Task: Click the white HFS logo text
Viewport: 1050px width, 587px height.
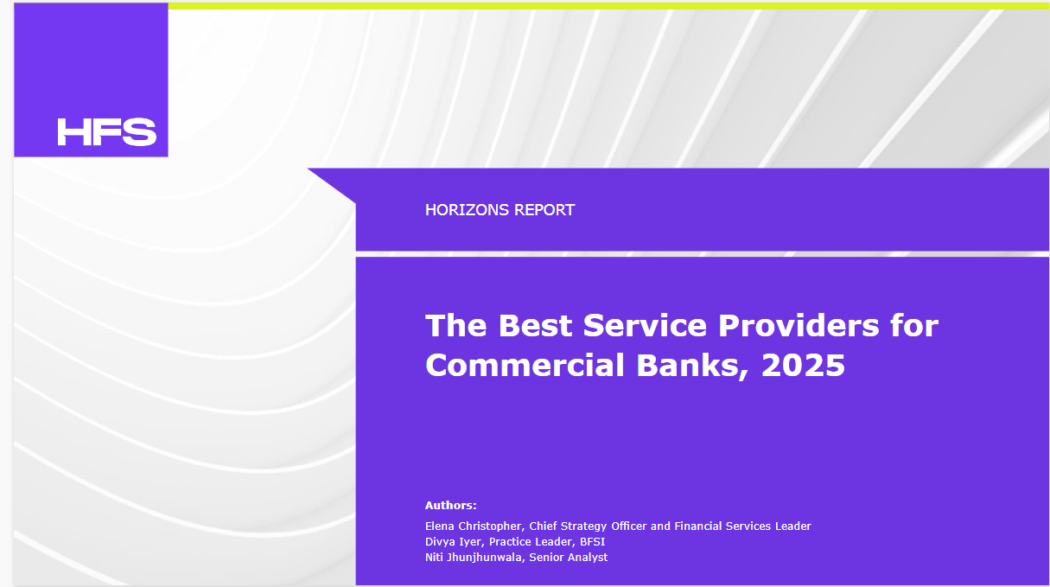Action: click(107, 131)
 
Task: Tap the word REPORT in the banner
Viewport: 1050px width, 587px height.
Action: click(544, 210)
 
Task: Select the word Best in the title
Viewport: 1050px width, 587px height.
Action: click(535, 325)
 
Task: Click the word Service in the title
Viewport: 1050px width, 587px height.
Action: click(645, 325)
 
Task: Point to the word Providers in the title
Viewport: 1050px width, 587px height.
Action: click(799, 325)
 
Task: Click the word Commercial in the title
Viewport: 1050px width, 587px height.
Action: click(525, 365)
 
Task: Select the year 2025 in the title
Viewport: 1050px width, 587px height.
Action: click(803, 365)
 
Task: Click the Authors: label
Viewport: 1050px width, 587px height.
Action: click(450, 506)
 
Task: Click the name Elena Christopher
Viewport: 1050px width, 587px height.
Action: click(474, 526)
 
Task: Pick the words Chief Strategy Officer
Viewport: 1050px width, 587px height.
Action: click(588, 526)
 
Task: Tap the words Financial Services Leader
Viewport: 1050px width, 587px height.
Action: click(742, 526)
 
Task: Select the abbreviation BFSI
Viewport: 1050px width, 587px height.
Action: click(593, 541)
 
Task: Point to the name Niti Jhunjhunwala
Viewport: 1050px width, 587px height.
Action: click(474, 558)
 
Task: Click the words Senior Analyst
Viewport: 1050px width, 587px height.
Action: click(568, 558)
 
